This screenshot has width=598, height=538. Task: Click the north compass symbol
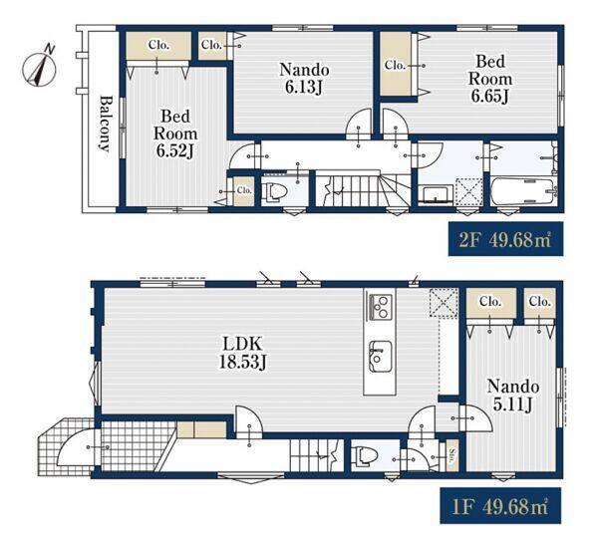pos(39,69)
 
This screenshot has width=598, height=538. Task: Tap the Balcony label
pos(105,123)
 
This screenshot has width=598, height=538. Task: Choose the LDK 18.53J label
pos(242,353)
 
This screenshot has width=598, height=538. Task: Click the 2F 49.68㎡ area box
pos(505,239)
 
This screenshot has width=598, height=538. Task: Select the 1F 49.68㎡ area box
pos(500,505)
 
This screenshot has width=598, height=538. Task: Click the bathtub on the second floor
pos(523,189)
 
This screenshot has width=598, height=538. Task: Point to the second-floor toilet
pos(275,190)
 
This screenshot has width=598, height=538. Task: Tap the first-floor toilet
pos(365,455)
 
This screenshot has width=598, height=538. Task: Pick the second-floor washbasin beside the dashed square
pos(436,193)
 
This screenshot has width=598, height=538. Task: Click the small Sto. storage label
pos(452,455)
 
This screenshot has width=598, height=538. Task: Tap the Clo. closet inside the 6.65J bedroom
pos(395,65)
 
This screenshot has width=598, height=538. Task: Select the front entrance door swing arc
pos(75,446)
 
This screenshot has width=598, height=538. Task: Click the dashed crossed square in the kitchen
pos(444,302)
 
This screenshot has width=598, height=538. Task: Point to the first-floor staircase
pos(316,455)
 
